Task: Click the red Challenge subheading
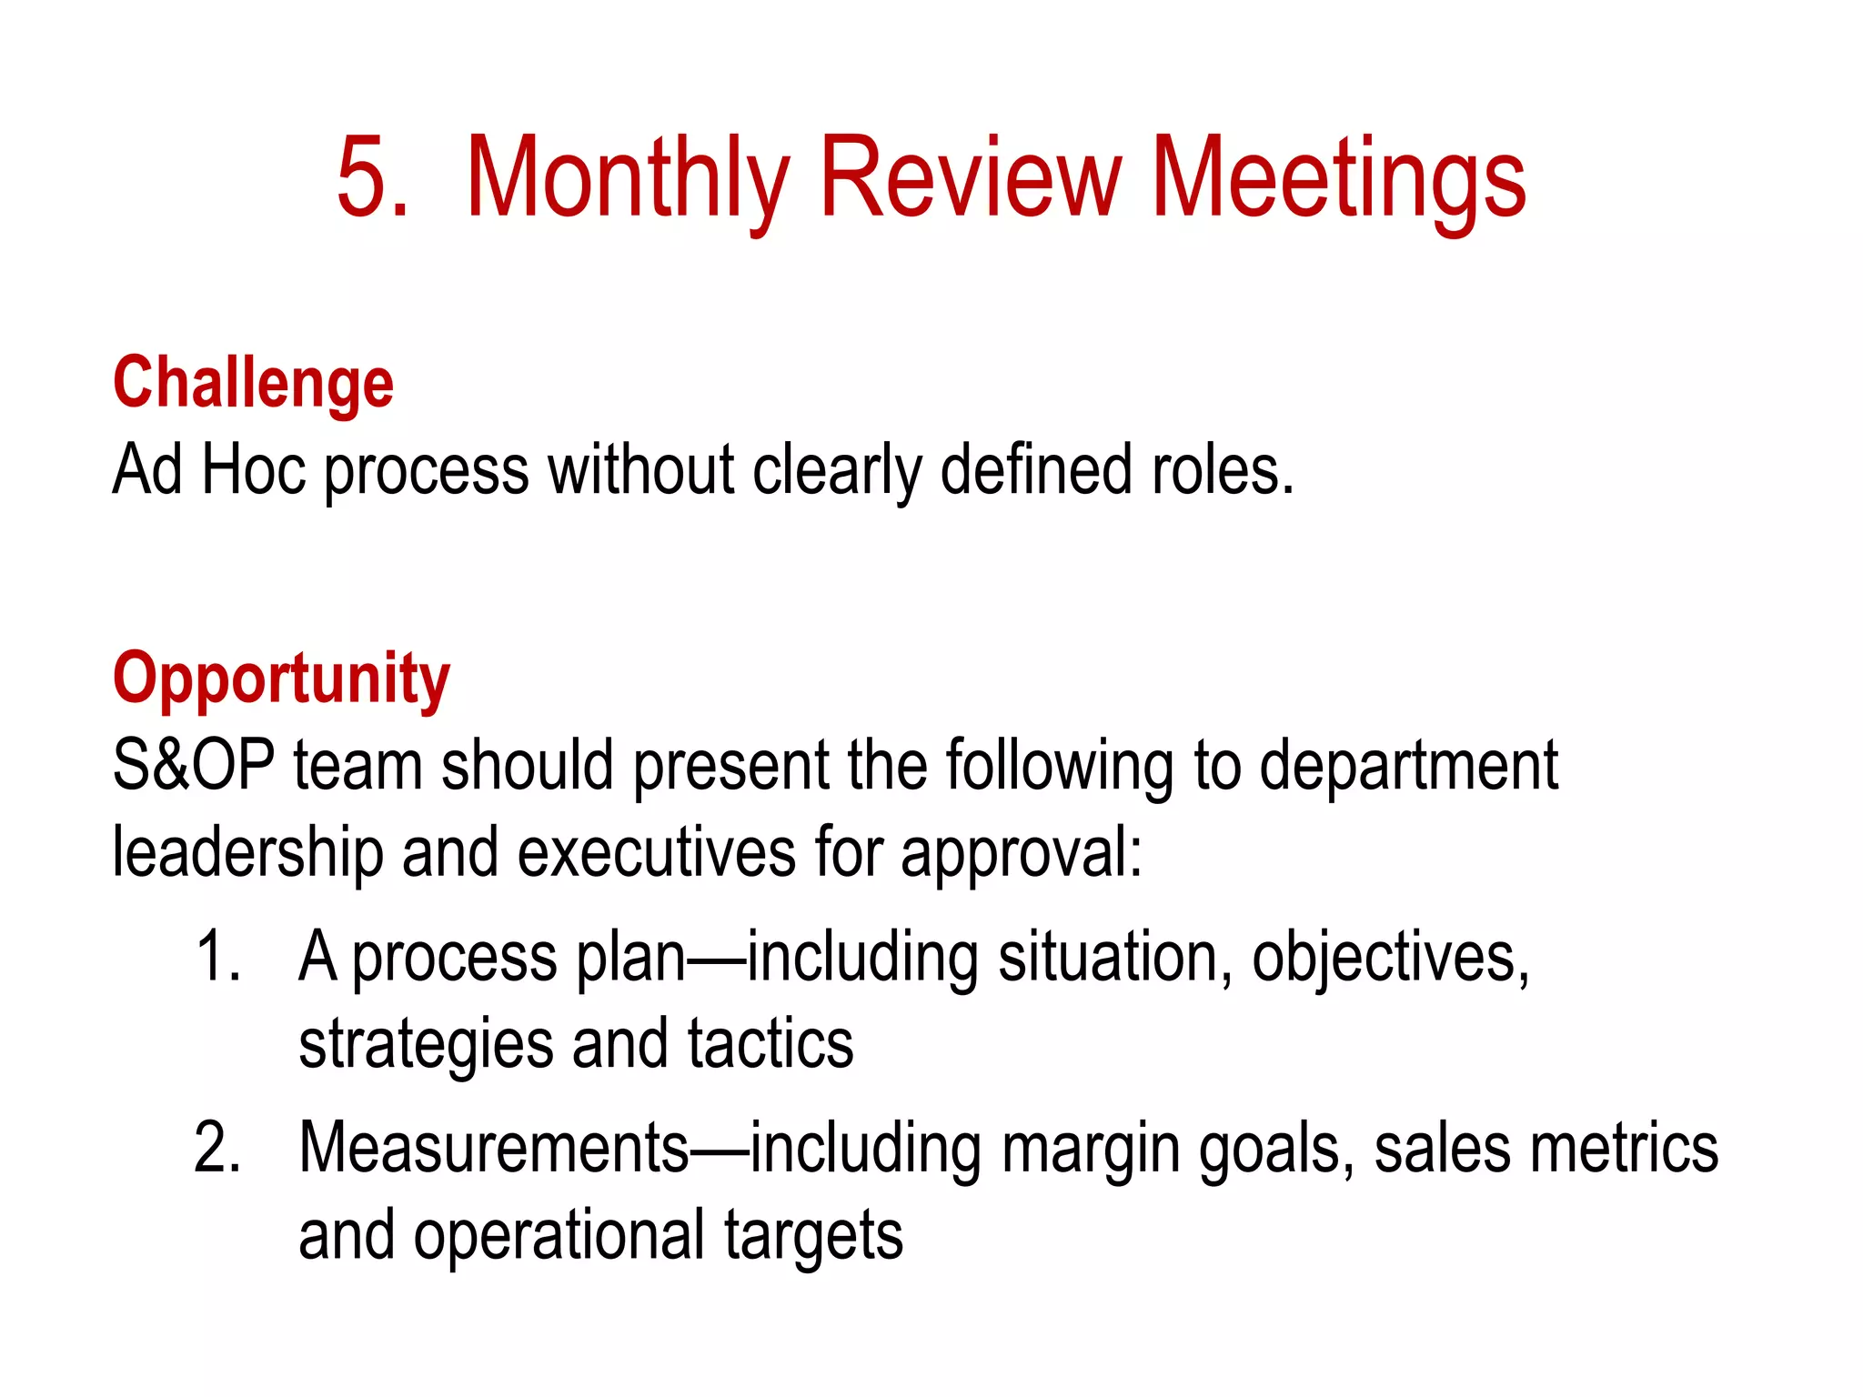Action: pyautogui.click(x=253, y=383)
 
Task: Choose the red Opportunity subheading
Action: pyautogui.click(x=281, y=678)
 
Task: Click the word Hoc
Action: pyautogui.click(x=254, y=469)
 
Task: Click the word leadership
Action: pyautogui.click(x=247, y=853)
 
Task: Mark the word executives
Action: pyautogui.click(x=656, y=853)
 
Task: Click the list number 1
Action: pyautogui.click(x=217, y=957)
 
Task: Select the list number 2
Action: pyautogui.click(x=217, y=1148)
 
